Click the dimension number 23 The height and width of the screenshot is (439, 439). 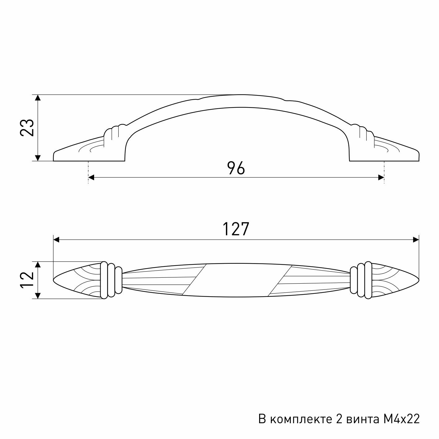click(x=27, y=128)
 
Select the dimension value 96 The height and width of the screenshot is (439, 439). click(x=236, y=168)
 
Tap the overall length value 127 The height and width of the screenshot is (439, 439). click(x=236, y=229)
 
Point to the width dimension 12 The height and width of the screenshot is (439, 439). click(x=27, y=280)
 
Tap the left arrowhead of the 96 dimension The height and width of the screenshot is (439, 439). click(x=91, y=177)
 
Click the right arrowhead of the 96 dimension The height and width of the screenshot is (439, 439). click(x=381, y=177)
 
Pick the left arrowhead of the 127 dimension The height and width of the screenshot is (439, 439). click(x=56, y=240)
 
